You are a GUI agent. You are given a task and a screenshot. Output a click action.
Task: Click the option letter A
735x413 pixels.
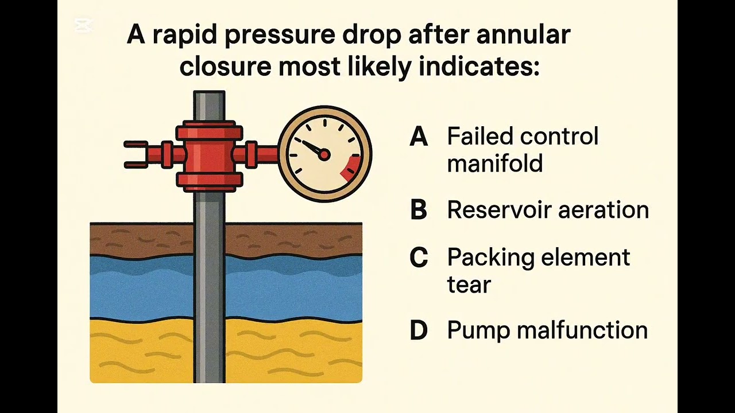(419, 137)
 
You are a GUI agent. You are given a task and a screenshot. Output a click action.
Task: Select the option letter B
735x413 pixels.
(419, 211)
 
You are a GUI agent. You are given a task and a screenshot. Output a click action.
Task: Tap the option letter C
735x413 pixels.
(419, 258)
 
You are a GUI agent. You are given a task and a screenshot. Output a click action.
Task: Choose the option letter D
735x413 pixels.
(419, 331)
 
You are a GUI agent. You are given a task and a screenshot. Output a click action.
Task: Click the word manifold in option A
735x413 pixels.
(494, 163)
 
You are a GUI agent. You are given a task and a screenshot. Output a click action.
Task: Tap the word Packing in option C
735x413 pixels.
(489, 258)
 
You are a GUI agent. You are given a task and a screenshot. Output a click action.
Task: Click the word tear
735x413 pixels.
(469, 285)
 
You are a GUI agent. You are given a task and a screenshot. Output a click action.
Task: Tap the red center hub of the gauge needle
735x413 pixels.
(324, 154)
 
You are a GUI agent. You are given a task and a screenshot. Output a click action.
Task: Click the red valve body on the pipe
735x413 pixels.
(209, 155)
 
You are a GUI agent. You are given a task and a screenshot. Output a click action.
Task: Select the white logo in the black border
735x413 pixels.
(83, 25)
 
